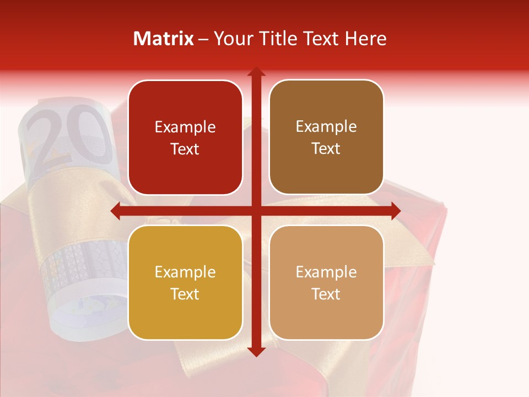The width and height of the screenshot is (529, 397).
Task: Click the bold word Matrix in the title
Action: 164,39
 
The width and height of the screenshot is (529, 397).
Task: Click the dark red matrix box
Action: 185,138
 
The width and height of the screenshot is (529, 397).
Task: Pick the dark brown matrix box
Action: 326,138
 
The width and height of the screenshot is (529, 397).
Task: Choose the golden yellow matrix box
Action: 185,282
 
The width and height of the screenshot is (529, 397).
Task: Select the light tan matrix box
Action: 326,282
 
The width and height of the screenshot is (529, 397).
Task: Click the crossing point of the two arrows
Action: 256,211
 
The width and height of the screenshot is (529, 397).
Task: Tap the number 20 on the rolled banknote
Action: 69,138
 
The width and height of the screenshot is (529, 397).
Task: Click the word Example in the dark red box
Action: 185,127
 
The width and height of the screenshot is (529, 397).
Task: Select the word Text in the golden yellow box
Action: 185,294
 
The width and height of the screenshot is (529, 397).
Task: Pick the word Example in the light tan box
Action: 326,272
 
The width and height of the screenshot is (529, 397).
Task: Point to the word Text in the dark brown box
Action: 326,149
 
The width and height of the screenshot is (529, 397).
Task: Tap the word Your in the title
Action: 231,39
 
